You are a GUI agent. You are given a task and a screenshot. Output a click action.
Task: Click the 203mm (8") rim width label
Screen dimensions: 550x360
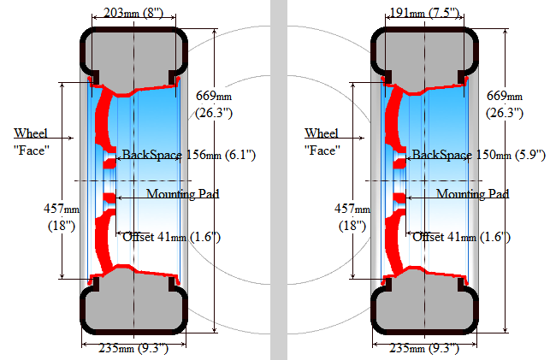point(133,13)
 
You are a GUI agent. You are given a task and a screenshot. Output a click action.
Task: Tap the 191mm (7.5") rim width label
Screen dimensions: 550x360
point(425,13)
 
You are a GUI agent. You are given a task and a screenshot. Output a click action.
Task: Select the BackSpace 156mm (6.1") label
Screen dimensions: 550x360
point(189,155)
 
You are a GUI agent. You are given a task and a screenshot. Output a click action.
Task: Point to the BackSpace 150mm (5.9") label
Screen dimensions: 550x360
point(479,155)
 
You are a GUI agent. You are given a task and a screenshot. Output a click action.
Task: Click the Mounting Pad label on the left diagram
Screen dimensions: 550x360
point(183,193)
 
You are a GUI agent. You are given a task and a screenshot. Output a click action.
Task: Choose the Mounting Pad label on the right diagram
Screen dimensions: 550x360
point(473,193)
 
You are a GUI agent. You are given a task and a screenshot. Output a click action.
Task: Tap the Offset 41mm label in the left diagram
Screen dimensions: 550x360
point(172,237)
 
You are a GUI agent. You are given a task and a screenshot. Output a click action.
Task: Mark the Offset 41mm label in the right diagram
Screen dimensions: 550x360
point(462,237)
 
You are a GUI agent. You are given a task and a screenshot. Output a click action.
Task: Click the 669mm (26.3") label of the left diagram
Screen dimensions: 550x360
point(214,104)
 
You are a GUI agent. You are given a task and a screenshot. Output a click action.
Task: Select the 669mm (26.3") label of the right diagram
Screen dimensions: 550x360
point(505,104)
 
